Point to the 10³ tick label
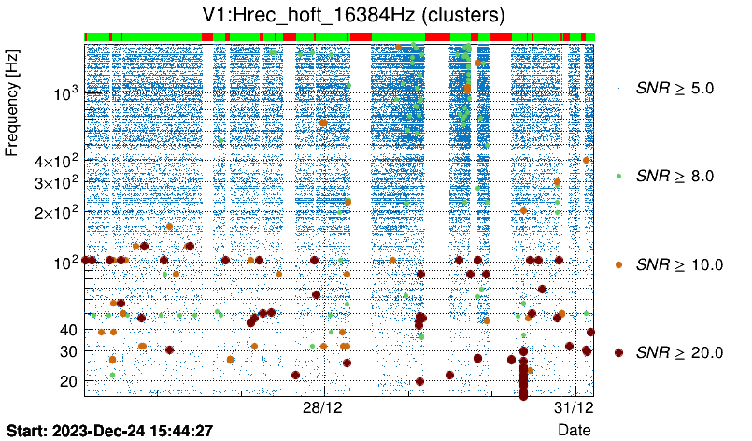click(65, 93)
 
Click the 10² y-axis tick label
click(65, 262)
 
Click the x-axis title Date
click(574, 430)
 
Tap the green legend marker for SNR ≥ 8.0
click(618, 176)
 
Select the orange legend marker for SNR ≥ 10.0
click(618, 264)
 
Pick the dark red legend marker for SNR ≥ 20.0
click(618, 352)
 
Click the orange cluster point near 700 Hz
click(323, 122)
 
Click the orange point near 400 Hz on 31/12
click(586, 161)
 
